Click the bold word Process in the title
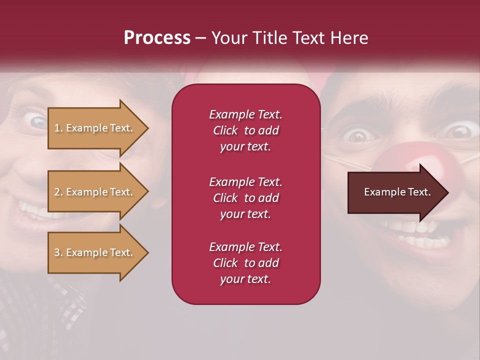(157, 38)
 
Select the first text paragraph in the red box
(245, 130)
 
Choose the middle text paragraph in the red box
(245, 198)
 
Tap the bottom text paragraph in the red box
(245, 263)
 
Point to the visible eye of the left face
(37, 120)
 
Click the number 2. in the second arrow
(58, 192)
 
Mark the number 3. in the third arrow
(58, 253)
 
